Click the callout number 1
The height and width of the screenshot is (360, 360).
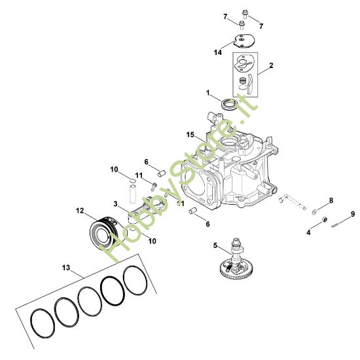(208, 93)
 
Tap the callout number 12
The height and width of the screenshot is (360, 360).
(80, 211)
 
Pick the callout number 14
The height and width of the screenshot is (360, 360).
(218, 52)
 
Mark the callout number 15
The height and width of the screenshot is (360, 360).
(190, 135)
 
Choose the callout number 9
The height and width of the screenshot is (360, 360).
(353, 214)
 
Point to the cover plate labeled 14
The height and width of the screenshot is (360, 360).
(243, 40)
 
